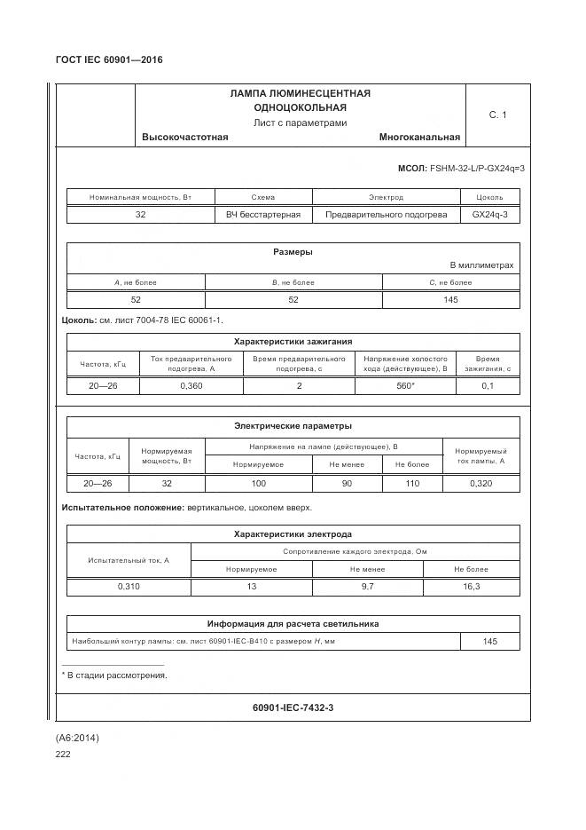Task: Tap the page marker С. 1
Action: [497, 115]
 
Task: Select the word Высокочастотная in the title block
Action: [184, 138]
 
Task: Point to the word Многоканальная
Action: [419, 138]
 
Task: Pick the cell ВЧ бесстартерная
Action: [263, 215]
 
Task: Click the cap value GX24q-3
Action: [489, 215]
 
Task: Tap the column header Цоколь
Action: [489, 197]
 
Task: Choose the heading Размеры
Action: [293, 252]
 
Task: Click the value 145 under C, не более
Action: [450, 300]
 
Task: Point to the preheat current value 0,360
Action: [191, 386]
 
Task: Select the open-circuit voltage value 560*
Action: [407, 386]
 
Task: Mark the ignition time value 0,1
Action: [488, 386]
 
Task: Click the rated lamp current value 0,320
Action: [481, 484]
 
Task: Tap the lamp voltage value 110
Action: [411, 484]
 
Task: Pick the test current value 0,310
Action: [129, 588]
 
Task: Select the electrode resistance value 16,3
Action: [472, 588]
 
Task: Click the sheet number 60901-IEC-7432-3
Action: [293, 707]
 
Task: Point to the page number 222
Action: [63, 754]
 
